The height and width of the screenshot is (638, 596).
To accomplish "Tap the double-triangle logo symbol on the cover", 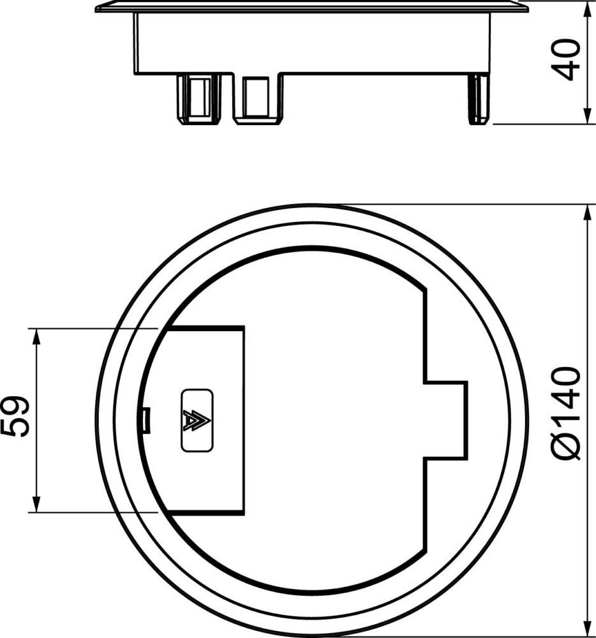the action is (197, 420).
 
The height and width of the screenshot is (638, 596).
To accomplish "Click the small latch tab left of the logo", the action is (147, 420).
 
